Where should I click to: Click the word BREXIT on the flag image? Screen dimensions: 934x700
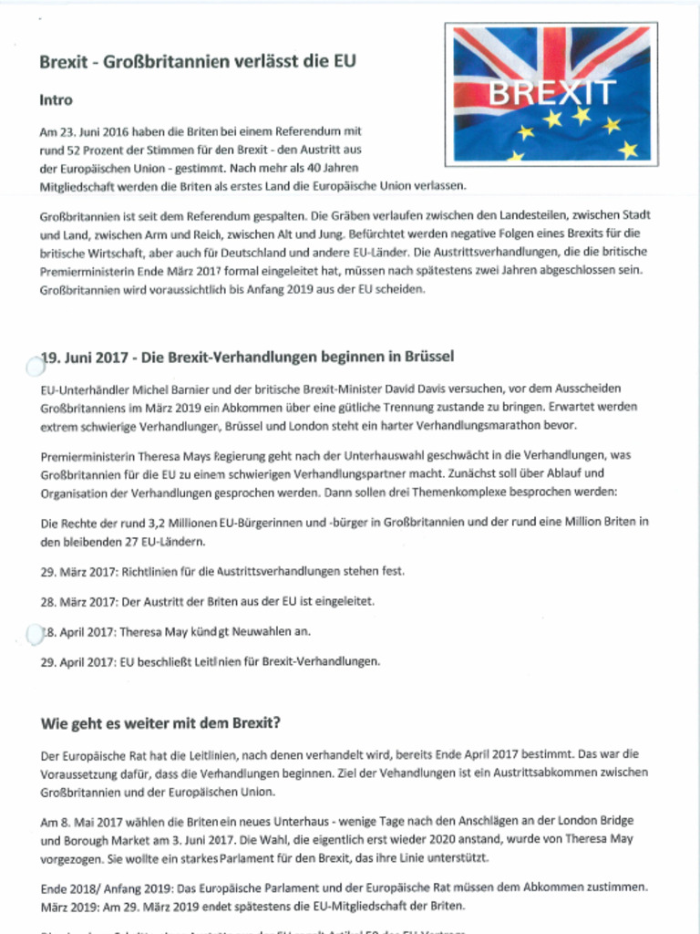coord(552,92)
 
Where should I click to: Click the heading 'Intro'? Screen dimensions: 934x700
coord(56,99)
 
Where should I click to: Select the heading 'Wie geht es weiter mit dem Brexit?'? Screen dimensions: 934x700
coord(160,723)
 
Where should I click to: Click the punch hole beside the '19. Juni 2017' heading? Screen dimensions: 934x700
coord(34,366)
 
